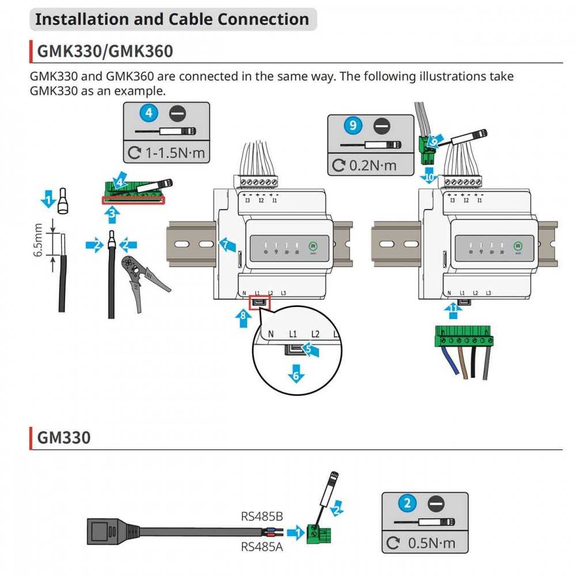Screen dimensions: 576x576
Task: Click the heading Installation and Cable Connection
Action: tap(172, 19)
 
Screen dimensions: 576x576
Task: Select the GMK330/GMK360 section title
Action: tap(105, 51)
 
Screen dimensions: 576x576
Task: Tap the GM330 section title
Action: tap(64, 437)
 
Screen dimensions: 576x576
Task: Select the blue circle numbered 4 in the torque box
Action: tap(149, 113)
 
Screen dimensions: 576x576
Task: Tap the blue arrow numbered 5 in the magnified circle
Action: tap(310, 349)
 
